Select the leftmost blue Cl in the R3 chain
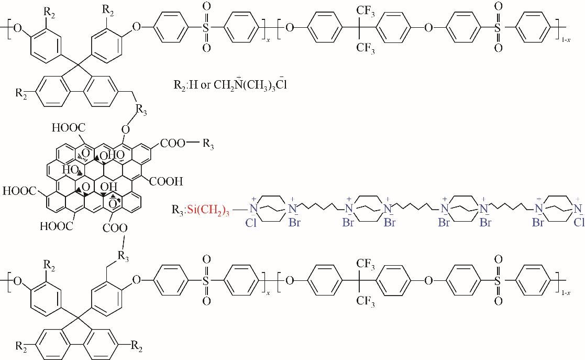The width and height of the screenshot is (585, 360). tap(252, 222)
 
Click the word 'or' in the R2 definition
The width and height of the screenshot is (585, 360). tap(205, 85)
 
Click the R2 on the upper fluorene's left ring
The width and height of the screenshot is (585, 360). tap(21, 94)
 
